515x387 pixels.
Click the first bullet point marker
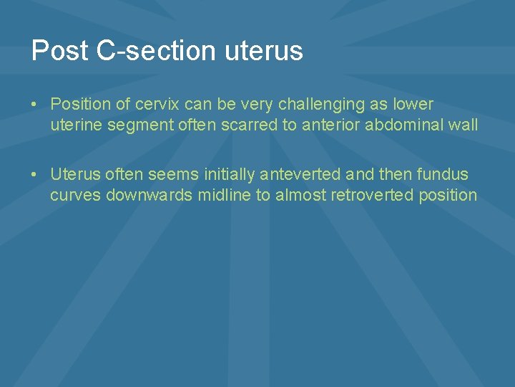point(34,105)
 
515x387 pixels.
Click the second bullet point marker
point(34,174)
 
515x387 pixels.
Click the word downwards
point(149,195)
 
